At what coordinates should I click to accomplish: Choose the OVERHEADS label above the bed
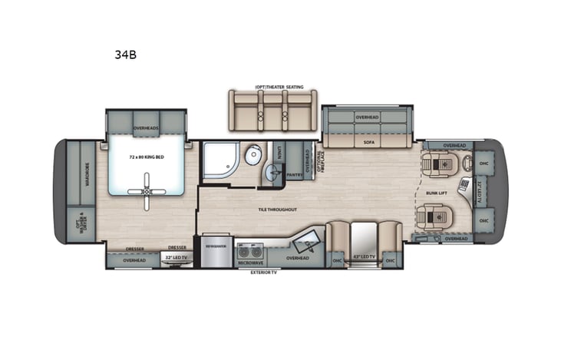tap(145, 127)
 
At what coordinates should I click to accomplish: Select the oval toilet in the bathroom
tap(252, 157)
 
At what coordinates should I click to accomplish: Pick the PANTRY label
tap(292, 175)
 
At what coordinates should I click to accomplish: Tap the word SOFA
tap(368, 142)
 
